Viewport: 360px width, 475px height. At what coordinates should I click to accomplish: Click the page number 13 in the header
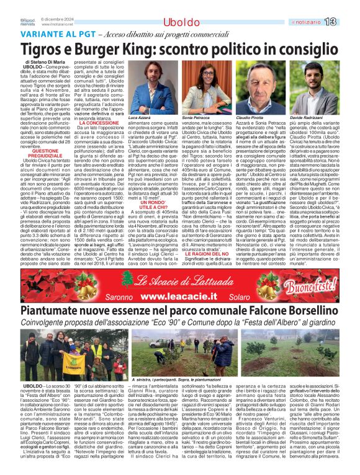click(x=347, y=22)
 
